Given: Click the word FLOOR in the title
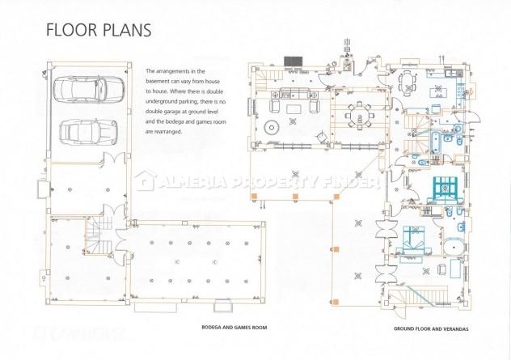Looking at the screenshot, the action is tap(71, 30).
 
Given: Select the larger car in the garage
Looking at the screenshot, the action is tap(89, 89).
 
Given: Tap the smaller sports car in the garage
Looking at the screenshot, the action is tap(88, 132).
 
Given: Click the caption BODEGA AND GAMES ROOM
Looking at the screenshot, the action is tap(234, 328).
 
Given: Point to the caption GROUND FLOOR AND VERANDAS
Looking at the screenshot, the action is tap(431, 328).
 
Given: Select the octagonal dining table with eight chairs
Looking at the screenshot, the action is tap(359, 116).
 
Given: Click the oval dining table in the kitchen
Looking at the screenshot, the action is tap(408, 83).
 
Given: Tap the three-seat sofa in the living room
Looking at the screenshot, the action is tap(294, 93).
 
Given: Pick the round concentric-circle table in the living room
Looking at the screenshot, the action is tap(271, 128).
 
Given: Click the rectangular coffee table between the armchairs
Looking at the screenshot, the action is tap(294, 108).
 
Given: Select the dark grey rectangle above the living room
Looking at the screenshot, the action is tap(294, 61).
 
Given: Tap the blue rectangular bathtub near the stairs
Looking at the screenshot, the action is tap(437, 142).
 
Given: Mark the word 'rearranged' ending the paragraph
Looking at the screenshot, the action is tap(170, 132).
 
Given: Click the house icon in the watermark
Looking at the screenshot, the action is tap(144, 180).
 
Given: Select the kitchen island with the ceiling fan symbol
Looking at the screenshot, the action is tap(438, 92).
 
